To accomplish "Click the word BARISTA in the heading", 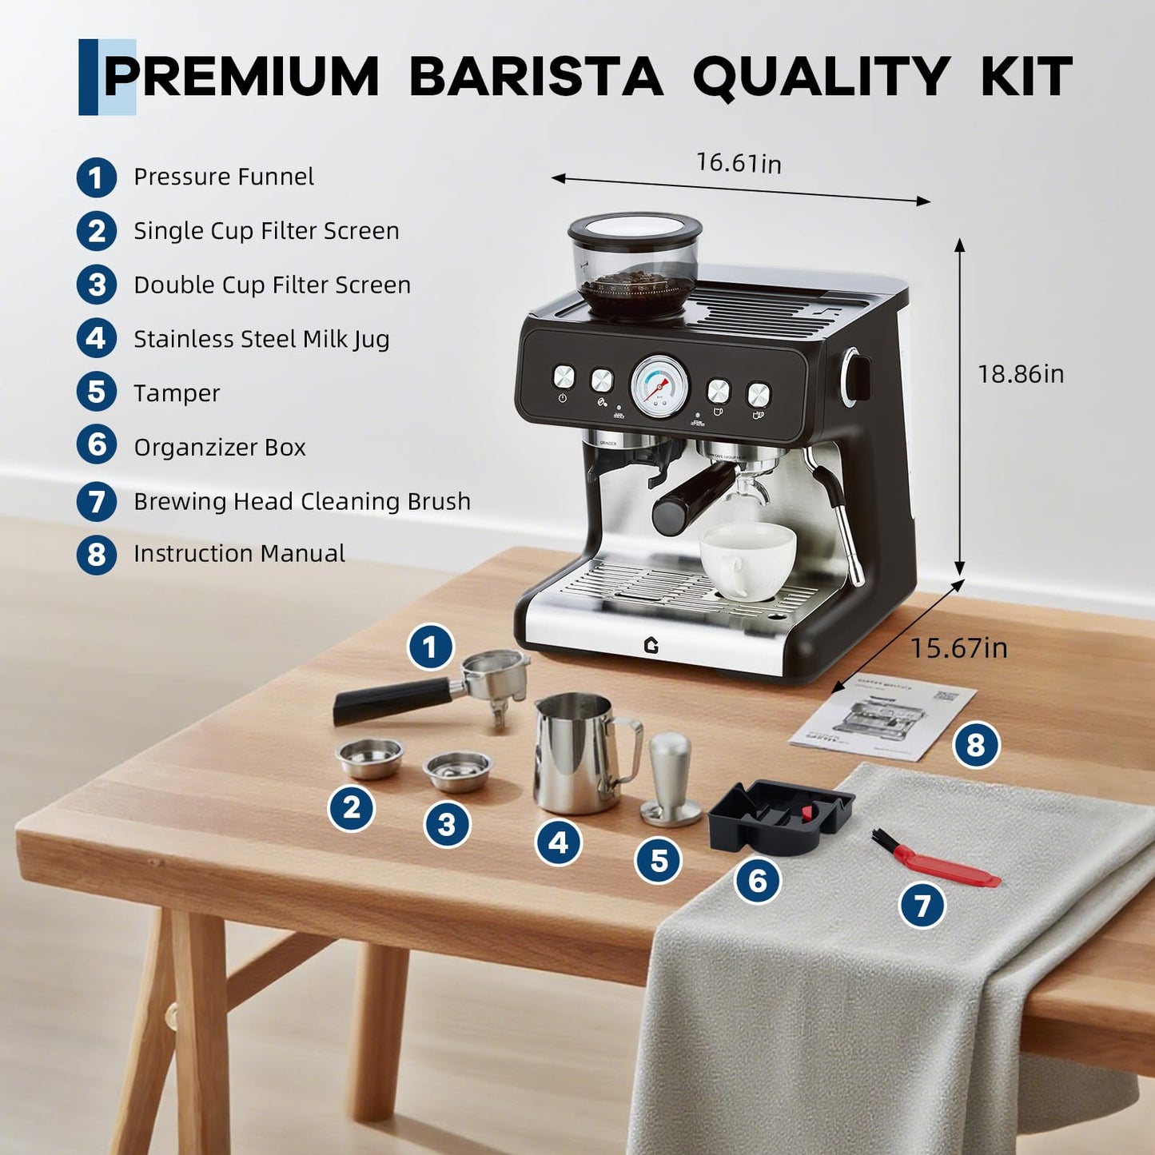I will (536, 77).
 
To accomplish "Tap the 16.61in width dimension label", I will (738, 163).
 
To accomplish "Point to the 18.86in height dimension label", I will (1021, 374).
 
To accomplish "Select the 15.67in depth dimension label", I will (958, 647).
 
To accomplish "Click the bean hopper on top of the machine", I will (635, 264).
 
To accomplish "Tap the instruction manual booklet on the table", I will (882, 722).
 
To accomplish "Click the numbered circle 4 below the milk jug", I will (558, 842).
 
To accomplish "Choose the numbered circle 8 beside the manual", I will (976, 745).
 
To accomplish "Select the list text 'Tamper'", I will (177, 393).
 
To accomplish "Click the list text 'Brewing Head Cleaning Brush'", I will (301, 501).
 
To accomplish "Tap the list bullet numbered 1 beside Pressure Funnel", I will (97, 177).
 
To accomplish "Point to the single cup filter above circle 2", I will (369, 757).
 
